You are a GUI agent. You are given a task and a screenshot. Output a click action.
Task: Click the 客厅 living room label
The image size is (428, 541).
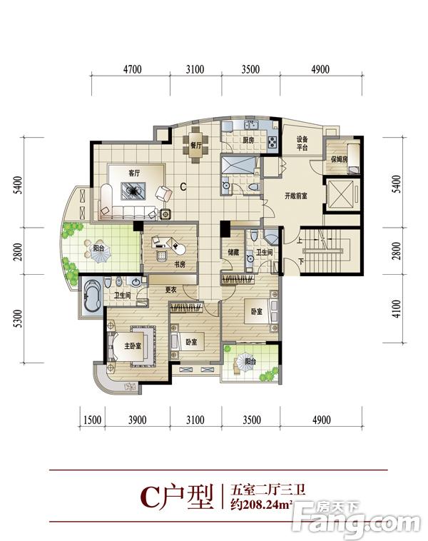tap(134, 173)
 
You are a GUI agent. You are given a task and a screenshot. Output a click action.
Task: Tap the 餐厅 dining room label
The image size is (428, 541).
tap(196, 146)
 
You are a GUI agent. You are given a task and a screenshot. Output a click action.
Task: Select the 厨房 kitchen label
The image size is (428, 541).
tap(248, 141)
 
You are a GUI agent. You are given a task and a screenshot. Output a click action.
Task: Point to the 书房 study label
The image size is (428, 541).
tap(180, 264)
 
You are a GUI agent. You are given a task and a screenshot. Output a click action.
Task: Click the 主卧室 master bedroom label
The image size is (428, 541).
tap(133, 345)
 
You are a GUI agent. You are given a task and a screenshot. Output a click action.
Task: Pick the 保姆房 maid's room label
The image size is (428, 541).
tap(340, 159)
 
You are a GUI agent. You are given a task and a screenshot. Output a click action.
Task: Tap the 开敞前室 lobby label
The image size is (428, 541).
tap(296, 196)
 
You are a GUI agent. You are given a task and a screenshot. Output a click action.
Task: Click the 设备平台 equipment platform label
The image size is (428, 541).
tap(302, 143)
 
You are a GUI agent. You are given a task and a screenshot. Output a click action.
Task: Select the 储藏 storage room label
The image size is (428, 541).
tap(233, 253)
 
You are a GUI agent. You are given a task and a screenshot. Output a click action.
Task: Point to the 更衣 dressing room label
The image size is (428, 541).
tap(170, 290)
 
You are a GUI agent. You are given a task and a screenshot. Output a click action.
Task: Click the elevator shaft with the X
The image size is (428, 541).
tap(340, 194)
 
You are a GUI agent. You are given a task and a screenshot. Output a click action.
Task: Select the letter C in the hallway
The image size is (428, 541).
tap(183, 187)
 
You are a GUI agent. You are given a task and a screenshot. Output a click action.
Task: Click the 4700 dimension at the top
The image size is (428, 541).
tap(133, 69)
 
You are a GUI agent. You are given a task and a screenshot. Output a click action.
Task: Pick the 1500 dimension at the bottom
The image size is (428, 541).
tap(93, 420)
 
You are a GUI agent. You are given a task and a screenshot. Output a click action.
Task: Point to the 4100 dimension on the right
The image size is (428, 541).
tap(397, 309)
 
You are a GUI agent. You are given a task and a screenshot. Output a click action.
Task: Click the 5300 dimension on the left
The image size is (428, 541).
tap(18, 319)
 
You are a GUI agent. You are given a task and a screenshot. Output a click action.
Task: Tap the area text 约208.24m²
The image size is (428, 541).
tap(262, 505)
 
